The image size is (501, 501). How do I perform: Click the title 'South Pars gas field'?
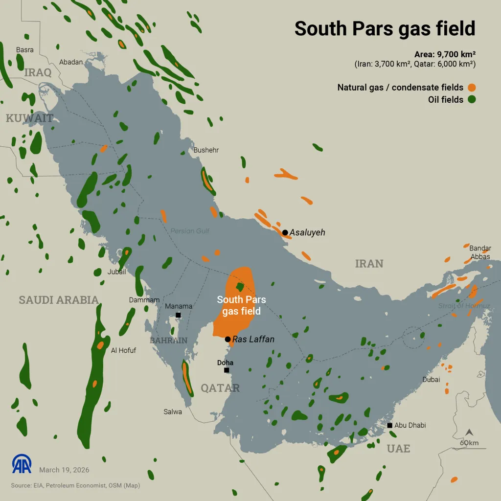point(385,28)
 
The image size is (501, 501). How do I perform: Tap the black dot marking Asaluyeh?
point(285,232)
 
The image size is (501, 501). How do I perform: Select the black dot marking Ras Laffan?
point(228,339)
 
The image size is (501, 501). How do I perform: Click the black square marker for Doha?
point(227,370)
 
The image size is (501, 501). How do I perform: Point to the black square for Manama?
point(178,315)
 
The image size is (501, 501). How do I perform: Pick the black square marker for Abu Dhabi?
point(389,425)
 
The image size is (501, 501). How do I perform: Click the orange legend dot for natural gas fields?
point(472,88)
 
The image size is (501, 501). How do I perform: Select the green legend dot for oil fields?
point(472,100)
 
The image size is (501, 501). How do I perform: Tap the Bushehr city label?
point(206,150)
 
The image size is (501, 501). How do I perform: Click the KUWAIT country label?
point(29,118)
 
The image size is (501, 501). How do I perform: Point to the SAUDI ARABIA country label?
point(59,300)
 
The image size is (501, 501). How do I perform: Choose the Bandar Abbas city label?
point(479,252)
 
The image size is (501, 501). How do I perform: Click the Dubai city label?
point(431,379)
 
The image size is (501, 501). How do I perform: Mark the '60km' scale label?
point(469,443)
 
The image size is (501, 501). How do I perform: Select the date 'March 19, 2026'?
point(64,470)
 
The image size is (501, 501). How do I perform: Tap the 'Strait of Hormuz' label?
point(464,306)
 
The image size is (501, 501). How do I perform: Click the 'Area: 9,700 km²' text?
point(445,54)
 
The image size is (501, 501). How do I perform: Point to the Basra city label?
point(24,50)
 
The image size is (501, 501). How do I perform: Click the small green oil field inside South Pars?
point(239,286)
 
